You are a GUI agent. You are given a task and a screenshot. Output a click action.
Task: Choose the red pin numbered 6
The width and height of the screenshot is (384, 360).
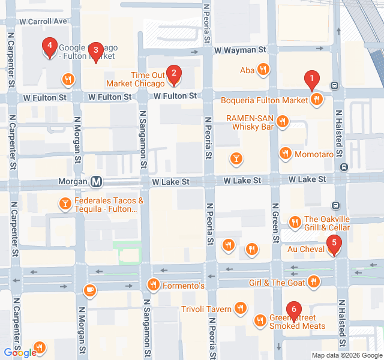293,311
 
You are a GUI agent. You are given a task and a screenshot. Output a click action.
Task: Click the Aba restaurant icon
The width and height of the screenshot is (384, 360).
263,70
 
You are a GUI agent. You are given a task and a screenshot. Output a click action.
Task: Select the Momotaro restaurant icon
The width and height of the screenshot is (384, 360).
285,154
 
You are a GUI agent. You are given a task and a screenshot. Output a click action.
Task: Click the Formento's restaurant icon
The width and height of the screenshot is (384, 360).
154,285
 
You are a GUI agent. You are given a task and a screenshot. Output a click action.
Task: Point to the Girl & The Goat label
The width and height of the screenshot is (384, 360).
277,282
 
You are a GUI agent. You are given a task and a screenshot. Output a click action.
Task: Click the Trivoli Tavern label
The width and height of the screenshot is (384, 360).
206,310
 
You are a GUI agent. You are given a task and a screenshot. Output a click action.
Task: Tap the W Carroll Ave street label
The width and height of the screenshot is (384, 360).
43,21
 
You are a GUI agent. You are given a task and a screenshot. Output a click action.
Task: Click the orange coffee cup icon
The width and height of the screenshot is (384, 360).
90,290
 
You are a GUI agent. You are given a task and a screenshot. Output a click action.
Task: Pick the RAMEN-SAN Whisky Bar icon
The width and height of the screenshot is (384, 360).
283,122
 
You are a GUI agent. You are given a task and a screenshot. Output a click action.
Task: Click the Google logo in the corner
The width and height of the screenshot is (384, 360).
20,353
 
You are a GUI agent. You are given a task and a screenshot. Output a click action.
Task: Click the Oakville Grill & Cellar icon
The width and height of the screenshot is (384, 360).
295,223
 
